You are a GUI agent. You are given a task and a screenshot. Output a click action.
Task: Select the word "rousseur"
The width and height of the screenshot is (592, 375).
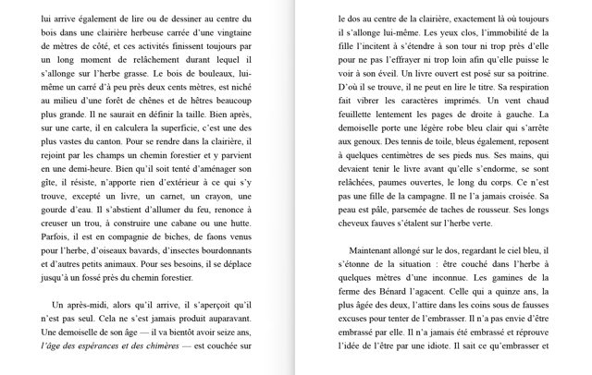[x=483, y=210]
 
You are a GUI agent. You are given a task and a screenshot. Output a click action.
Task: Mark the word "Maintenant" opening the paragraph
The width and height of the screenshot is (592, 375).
[x=378, y=249]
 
